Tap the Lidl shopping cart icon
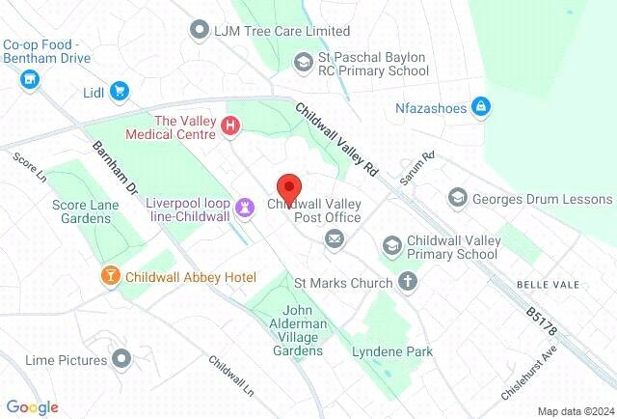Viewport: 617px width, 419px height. coord(120,92)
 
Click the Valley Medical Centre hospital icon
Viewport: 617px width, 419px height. coord(230,126)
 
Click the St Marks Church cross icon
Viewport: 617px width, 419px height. coord(408,283)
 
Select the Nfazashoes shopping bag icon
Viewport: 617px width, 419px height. coord(480,106)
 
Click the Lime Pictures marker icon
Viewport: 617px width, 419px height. coord(121,360)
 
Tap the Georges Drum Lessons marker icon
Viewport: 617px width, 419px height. coord(458,199)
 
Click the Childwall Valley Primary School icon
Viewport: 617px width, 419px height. coord(391,246)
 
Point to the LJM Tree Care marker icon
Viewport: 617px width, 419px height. coord(200,31)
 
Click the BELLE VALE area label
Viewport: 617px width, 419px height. coord(546,285)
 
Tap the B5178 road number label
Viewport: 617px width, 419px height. coord(542,321)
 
